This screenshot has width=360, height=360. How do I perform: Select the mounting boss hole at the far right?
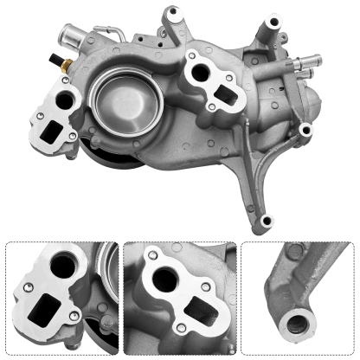(x=305, y=131)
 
